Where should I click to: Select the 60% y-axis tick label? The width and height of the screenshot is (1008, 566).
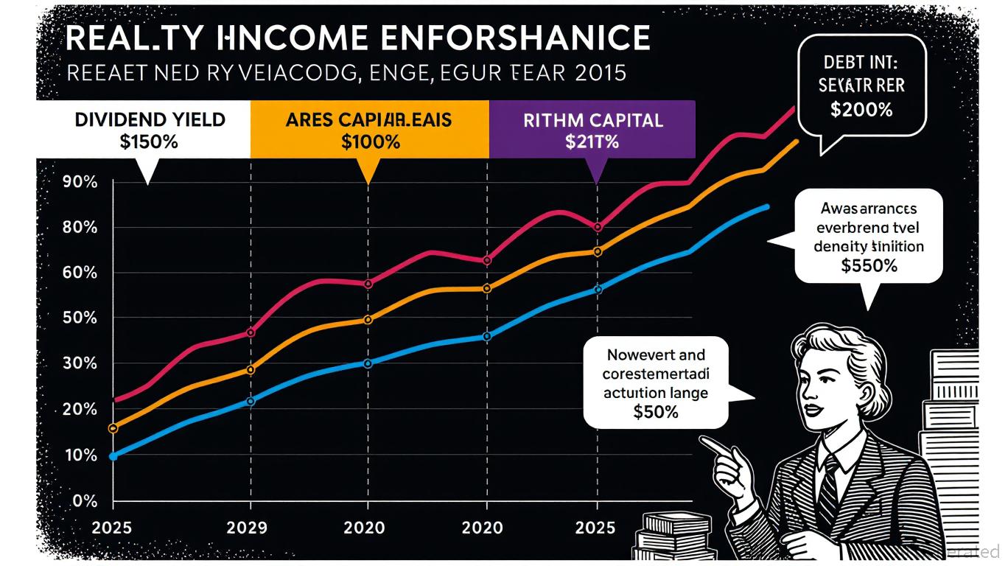click(x=80, y=273)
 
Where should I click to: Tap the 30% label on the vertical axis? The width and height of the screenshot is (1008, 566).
click(x=80, y=364)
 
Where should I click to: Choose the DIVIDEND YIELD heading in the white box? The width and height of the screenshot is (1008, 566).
click(x=150, y=119)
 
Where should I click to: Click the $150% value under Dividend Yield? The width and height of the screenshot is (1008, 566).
click(x=149, y=141)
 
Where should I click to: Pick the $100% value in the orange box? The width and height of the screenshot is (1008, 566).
click(x=371, y=142)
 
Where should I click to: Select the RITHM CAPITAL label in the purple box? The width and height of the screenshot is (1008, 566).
click(x=593, y=120)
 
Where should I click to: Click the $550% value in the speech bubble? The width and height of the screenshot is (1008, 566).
click(x=869, y=266)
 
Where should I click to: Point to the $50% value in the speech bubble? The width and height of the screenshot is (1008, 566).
click(x=655, y=412)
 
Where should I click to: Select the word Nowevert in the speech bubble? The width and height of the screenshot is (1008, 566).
click(x=634, y=355)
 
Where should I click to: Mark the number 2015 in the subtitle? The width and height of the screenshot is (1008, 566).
click(x=600, y=74)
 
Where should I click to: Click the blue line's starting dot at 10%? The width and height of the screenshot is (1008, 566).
click(x=113, y=456)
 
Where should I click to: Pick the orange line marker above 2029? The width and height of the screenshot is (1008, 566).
click(x=251, y=370)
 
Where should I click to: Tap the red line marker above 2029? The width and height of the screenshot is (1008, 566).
click(x=251, y=333)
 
